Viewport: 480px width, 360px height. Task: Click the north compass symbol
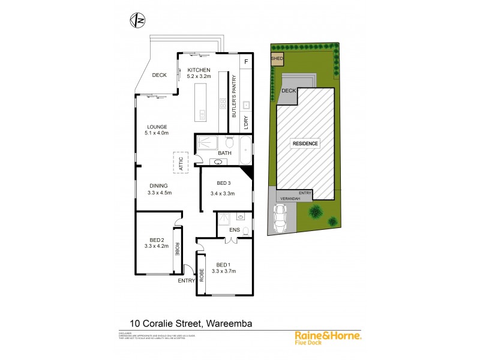tap(137, 20)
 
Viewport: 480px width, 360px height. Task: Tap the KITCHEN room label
tap(199, 70)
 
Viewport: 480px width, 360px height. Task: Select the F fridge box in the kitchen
tap(246, 61)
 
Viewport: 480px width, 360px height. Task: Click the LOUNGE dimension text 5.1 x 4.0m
tap(157, 133)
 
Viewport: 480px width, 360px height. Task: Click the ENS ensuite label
tap(235, 229)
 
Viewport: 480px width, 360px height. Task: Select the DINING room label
tap(158, 186)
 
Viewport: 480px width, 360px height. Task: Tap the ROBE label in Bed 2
tap(177, 248)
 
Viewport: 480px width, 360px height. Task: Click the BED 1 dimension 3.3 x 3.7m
tap(223, 271)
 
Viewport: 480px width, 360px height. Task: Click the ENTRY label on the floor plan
tap(187, 280)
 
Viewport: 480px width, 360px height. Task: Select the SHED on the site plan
tap(277, 59)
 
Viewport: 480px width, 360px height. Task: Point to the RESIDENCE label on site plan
tap(305, 144)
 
